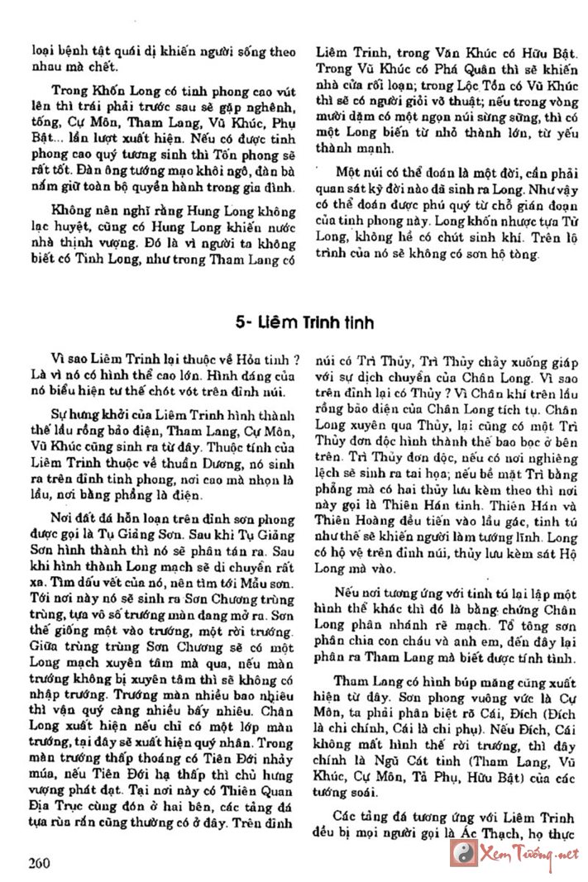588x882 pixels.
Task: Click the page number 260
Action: coord(39,862)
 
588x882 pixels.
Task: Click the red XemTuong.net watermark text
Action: coord(522,854)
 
